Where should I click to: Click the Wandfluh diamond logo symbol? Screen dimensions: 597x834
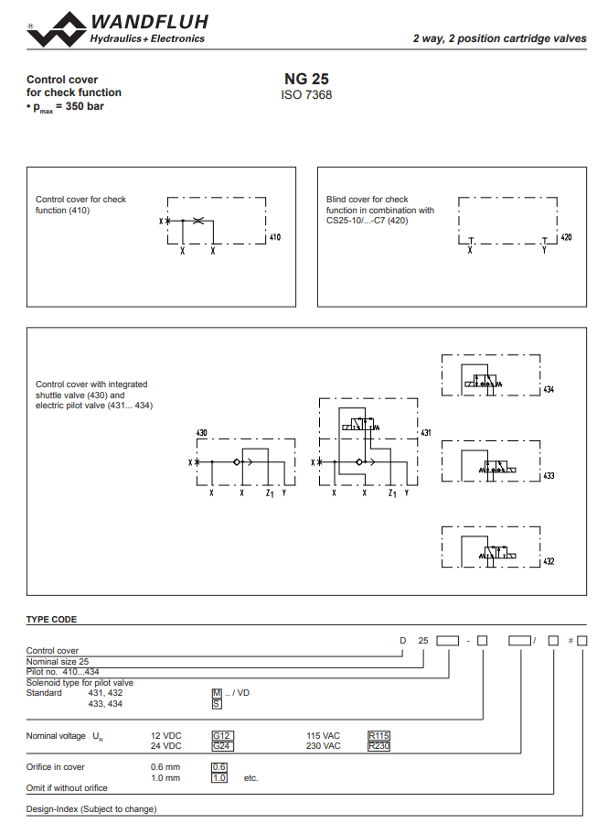tap(57, 30)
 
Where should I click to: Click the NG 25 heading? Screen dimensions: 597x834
tap(306, 79)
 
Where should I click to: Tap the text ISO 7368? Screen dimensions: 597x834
tap(306, 94)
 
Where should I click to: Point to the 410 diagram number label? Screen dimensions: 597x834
tap(275, 237)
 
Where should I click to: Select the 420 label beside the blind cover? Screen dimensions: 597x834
tap(566, 237)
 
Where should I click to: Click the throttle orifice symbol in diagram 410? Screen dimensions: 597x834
tap(198, 221)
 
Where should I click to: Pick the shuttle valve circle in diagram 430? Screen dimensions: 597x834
tap(237, 462)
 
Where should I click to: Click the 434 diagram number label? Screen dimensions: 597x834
tap(549, 389)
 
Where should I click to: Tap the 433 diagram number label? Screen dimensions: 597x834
tap(549, 475)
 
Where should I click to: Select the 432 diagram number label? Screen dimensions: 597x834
tap(549, 561)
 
